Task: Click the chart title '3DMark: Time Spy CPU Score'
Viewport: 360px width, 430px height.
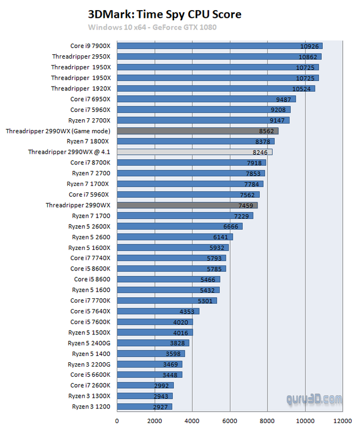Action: (164, 13)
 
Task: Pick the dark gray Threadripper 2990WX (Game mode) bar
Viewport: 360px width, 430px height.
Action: (197, 131)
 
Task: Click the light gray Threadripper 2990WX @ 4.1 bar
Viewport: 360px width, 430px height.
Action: (194, 152)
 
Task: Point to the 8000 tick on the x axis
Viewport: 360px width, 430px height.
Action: (267, 421)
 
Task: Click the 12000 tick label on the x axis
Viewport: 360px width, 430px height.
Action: (343, 421)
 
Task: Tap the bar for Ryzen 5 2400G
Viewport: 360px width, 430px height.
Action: (152, 343)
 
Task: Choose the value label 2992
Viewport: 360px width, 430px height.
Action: (161, 385)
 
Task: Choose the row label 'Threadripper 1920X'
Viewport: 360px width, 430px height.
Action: (81, 88)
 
